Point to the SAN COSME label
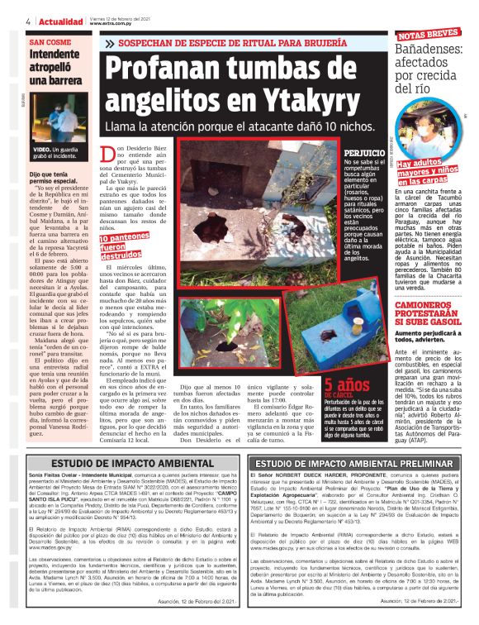(50, 41)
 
